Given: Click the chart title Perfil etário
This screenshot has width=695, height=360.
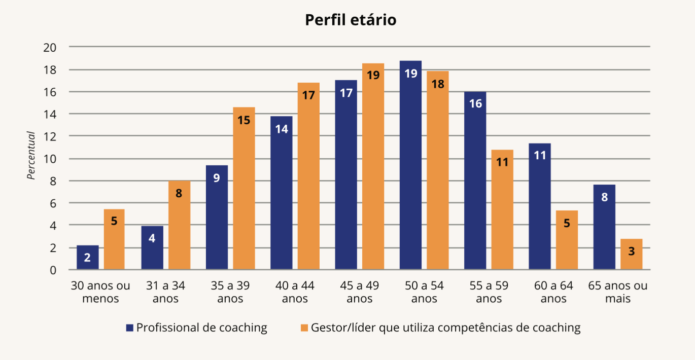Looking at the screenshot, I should point(350,20).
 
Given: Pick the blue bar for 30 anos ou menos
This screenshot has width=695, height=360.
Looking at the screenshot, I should point(88,257).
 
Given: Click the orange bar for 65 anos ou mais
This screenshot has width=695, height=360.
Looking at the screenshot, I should point(631,254).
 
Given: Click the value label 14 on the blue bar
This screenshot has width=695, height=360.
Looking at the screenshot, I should point(282,129).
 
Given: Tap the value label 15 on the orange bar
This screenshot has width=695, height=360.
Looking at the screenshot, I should point(244,120).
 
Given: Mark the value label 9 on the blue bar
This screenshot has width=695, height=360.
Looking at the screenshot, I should point(217,178).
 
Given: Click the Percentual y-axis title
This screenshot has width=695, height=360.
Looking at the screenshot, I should point(31,156).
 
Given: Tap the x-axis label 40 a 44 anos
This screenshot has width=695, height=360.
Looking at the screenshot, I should point(295,292).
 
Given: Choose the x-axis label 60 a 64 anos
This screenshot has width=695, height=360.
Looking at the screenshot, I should point(553,292).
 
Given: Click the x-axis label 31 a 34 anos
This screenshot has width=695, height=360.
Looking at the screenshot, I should point(165,292).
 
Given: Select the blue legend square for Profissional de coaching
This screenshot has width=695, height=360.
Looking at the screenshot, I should point(130,328).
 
